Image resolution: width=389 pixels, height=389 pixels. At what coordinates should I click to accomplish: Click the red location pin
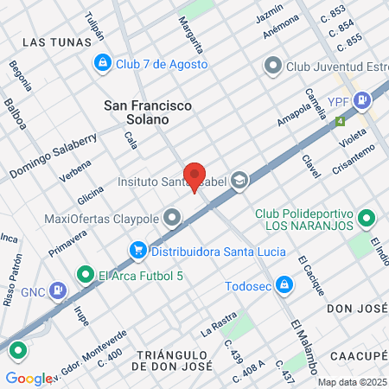pos(195,176)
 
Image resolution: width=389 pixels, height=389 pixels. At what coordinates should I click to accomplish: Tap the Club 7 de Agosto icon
pos(103,64)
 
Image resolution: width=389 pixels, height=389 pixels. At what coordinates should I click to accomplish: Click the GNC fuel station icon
pos(57,290)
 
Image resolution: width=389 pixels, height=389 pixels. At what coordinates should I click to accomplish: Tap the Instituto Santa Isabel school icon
pos(239,181)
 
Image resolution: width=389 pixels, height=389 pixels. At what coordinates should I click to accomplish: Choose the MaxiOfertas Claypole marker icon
pos(173,218)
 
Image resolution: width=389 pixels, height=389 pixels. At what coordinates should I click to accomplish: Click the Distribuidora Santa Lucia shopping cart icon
pos(137,251)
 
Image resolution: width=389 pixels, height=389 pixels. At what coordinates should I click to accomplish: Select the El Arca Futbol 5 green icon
pos(85,276)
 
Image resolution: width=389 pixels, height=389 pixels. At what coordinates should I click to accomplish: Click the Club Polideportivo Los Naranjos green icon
pos(367,219)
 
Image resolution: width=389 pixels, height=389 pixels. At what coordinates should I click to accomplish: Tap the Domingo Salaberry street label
pos(53,156)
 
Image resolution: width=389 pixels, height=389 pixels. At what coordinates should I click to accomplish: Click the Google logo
pos(29,378)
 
